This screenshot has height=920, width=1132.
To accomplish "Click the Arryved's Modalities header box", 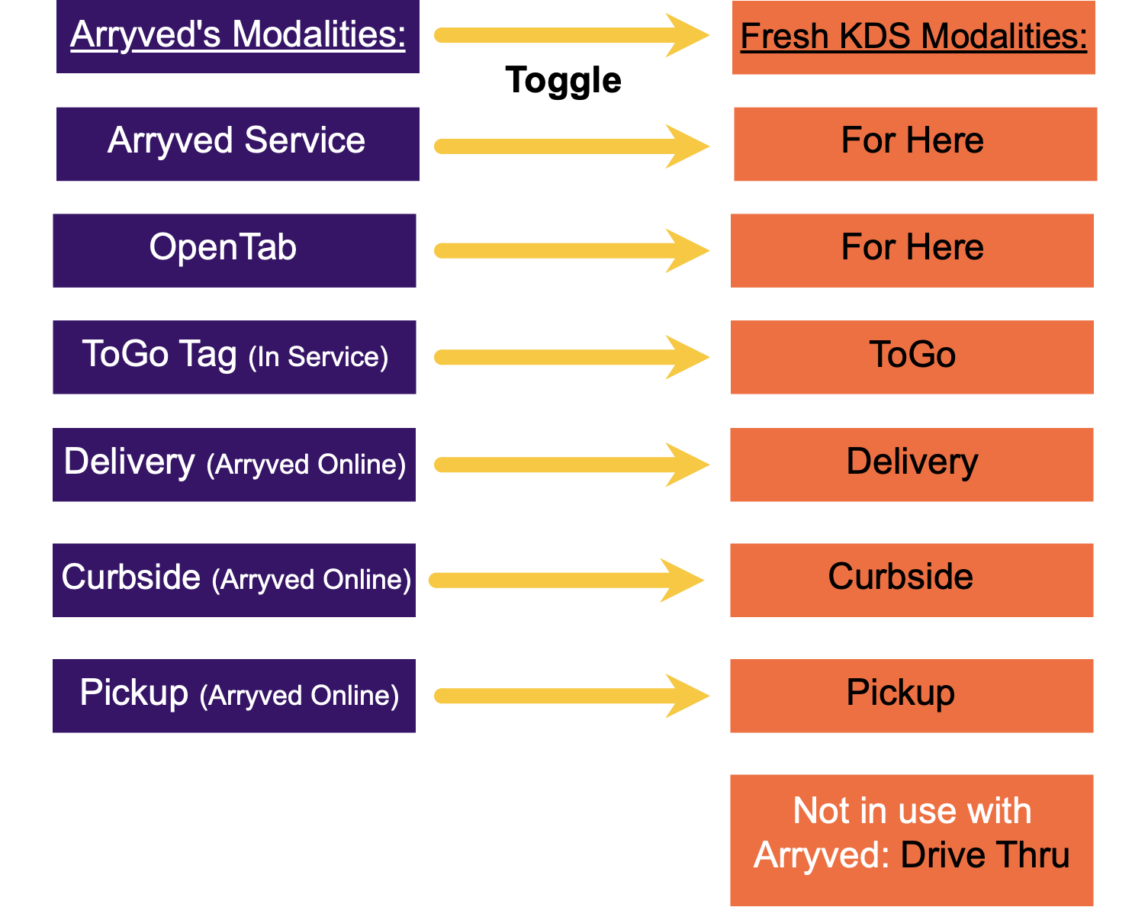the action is coord(237,36).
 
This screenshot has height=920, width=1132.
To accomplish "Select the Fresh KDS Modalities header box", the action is coord(913,37).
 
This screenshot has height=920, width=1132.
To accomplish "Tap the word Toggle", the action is coord(563,80).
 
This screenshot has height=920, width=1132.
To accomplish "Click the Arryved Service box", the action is coord(237,144).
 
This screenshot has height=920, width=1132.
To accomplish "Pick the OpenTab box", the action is coord(234,250).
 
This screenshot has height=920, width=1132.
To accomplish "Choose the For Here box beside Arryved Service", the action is coord(915,144).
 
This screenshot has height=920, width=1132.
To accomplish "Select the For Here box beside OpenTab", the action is coord(912,250).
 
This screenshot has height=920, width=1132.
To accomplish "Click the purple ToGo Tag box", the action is coord(234,357).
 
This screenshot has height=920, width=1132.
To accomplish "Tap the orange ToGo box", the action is coord(912,357).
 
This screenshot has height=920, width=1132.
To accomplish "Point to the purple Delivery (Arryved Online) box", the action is coord(234,465).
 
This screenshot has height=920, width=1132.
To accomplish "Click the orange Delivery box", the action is coord(912,465).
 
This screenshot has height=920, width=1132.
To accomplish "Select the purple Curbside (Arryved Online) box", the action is coord(234,580).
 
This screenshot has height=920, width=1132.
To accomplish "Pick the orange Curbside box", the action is coord(912,580).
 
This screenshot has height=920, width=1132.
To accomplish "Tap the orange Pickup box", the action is coord(912,696).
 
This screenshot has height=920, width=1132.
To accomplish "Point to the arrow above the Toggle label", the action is coord(572,35).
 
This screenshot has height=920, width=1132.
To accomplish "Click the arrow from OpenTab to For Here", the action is coord(572,251).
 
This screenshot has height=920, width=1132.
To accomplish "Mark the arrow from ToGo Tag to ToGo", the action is coord(572,357).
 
